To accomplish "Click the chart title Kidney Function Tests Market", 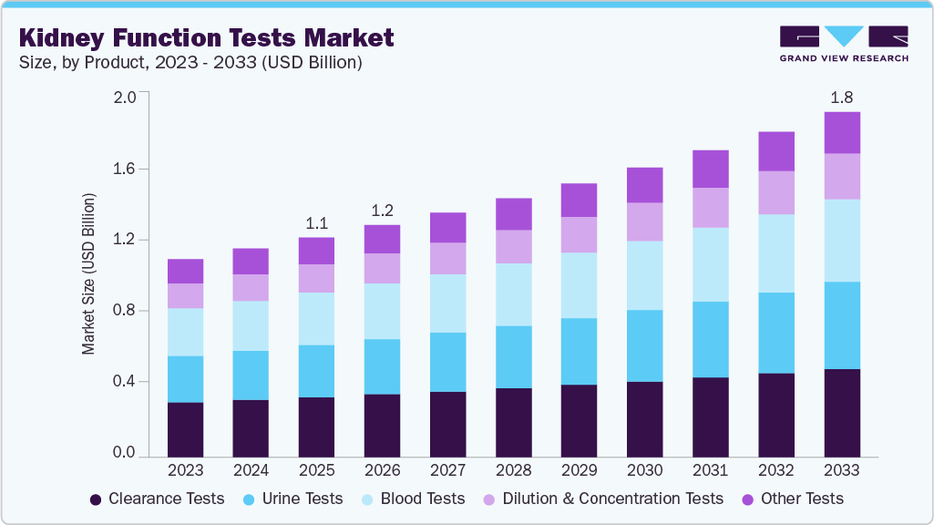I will pyautogui.click(x=207, y=37).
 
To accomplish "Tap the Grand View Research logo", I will pyautogui.click(x=843, y=44).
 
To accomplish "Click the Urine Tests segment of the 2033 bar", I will pyautogui.click(x=841, y=325).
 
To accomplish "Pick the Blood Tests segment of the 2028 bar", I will pyautogui.click(x=513, y=294).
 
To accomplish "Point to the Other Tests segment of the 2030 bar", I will pyautogui.click(x=644, y=185).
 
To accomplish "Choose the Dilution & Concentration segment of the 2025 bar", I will pyautogui.click(x=316, y=278).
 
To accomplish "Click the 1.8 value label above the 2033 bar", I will pyautogui.click(x=841, y=98).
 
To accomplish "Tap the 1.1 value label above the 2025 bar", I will pyautogui.click(x=316, y=222).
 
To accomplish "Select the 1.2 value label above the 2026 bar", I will pyautogui.click(x=382, y=211).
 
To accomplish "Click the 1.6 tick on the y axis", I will pyautogui.click(x=124, y=169).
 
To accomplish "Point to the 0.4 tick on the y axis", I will pyautogui.click(x=124, y=381).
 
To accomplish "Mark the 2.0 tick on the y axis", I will pyautogui.click(x=124, y=97).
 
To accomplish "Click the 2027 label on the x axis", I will pyautogui.click(x=447, y=471).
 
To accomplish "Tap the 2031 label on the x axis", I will pyautogui.click(x=710, y=471).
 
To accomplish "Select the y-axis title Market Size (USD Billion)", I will pyautogui.click(x=88, y=273).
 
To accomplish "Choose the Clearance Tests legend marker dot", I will pyautogui.click(x=96, y=499).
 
